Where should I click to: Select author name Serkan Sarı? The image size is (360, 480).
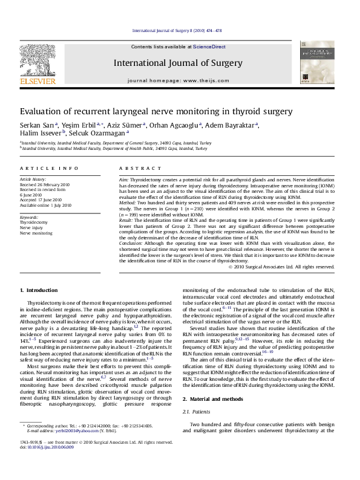[36, 125]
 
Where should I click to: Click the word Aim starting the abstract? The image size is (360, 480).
[123, 180]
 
